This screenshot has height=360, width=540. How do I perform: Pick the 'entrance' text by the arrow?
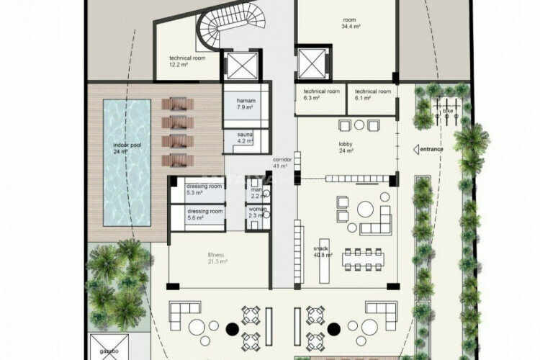(432, 149)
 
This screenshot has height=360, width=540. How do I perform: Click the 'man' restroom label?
(257, 190)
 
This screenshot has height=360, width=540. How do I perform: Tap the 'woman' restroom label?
(258, 212)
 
